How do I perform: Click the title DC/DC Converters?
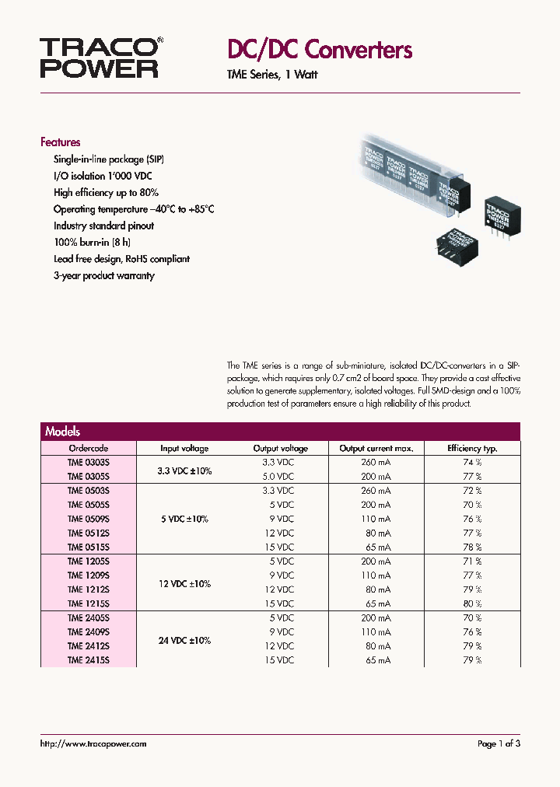point(319,51)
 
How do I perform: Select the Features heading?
point(60,142)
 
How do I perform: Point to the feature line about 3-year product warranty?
point(103,275)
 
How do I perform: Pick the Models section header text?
point(62,432)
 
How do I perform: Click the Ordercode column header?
point(89,448)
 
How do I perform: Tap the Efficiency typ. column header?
point(472,448)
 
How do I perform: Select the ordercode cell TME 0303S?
point(89,462)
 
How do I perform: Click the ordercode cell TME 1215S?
point(89,603)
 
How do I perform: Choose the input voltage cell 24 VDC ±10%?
point(185,641)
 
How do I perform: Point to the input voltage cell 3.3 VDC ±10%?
point(185,470)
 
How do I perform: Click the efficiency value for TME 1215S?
point(473,603)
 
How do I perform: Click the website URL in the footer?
point(93,744)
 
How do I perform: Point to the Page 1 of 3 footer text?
point(499,744)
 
